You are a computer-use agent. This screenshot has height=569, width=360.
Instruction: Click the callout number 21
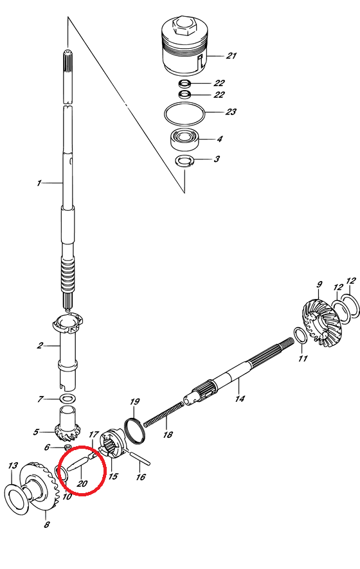point(231,56)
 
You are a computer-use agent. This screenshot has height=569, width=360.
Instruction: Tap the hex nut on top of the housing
point(185,26)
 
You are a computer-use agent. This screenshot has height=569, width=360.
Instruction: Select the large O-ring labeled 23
point(184,113)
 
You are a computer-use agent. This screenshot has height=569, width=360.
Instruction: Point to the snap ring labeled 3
point(185,161)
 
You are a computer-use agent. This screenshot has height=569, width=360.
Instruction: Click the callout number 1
point(39,183)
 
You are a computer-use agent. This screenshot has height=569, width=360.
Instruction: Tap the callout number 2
point(40,345)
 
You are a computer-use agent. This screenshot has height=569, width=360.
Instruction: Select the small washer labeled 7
point(67,399)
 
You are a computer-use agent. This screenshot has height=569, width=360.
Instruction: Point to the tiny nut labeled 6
point(68,446)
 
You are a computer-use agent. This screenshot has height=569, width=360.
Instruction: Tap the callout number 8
point(47,524)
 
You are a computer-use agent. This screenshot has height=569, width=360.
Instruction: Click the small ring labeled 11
point(300,336)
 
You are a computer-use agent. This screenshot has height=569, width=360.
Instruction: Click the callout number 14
point(240,399)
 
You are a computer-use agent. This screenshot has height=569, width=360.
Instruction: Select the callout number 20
point(82,483)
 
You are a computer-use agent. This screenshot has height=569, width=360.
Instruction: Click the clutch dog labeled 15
point(113,444)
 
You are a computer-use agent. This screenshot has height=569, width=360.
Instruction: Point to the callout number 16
point(141,476)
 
